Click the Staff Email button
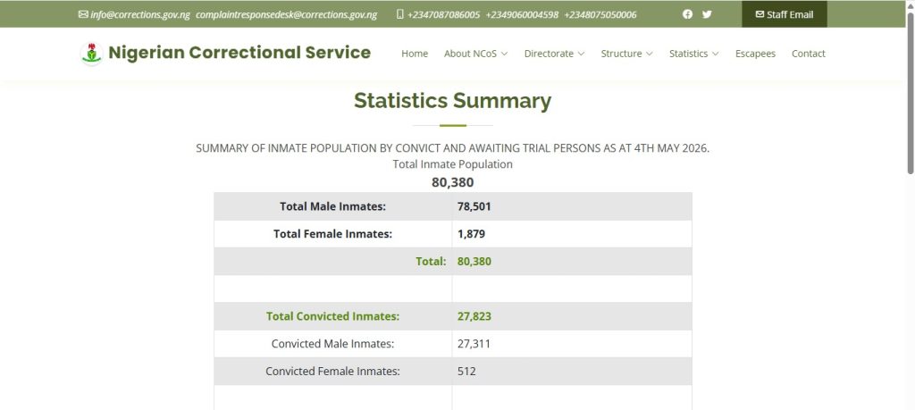coord(785,14)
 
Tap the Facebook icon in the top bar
coord(687,14)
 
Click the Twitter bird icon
coord(707,14)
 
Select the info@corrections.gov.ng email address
coord(140,14)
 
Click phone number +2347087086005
coord(443,14)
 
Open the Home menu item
coord(415,54)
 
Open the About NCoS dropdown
coord(475,54)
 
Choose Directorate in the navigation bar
coord(554,54)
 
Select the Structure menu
coord(626,54)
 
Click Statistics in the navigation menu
coord(693,54)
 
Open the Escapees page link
coord(755,54)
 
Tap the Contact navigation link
coord(808,54)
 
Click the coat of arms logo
coord(91,54)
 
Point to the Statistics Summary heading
coord(452,101)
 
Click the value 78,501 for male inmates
coord(474,206)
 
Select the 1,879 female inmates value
coord(471,234)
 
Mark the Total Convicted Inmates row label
coord(332,316)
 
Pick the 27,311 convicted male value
coord(474,344)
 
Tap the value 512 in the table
coord(466,371)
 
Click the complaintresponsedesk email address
coord(286,14)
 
